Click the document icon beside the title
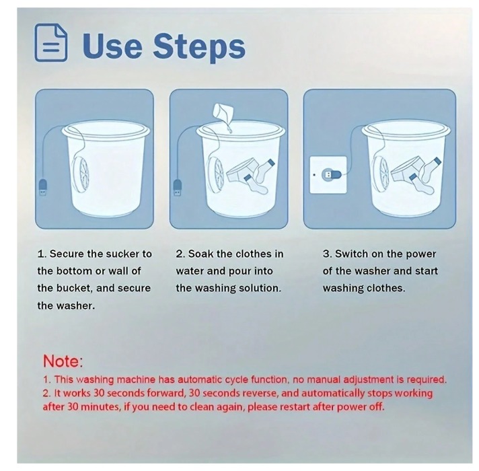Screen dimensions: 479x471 click(x=50, y=43)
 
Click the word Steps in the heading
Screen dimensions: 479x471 click(x=199, y=46)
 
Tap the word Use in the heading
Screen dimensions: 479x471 click(x=112, y=45)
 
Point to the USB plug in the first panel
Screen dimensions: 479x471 click(x=43, y=188)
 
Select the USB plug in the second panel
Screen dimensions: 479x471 click(x=178, y=188)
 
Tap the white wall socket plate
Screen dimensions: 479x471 click(x=328, y=175)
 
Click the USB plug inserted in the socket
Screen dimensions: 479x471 click(x=331, y=175)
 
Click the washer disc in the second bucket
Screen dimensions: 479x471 click(x=217, y=174)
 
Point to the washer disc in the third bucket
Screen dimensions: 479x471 click(x=381, y=173)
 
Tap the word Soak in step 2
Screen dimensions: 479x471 click(x=200, y=254)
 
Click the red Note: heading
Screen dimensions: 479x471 click(x=63, y=361)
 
